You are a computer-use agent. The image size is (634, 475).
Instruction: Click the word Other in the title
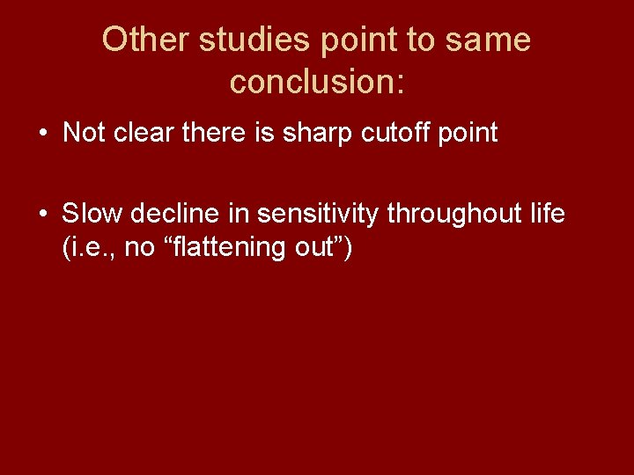click(145, 40)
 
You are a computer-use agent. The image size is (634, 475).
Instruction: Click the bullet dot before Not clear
click(42, 134)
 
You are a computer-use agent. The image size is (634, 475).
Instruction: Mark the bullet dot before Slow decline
click(42, 214)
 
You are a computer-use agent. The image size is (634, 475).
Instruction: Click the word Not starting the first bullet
click(84, 134)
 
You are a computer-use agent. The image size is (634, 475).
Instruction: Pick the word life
click(547, 214)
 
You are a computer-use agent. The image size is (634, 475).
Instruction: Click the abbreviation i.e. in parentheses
click(90, 248)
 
